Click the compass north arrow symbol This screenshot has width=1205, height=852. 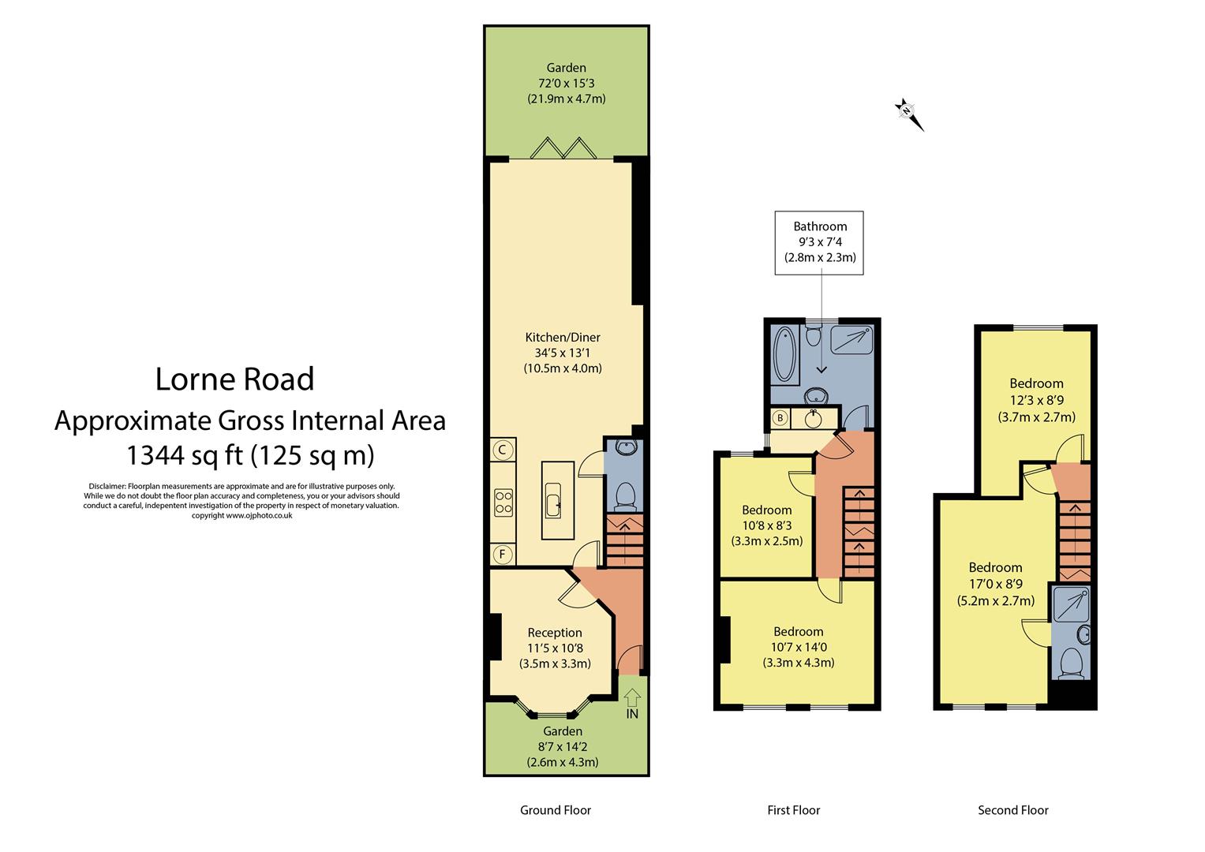point(908,113)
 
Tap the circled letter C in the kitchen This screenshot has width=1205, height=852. point(501,450)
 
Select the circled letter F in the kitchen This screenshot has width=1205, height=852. point(501,555)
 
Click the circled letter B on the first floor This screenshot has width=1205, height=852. point(780,417)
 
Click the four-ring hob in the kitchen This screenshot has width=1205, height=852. point(503,503)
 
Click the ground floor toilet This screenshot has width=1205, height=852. point(624,494)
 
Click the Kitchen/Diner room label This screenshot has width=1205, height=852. point(563,338)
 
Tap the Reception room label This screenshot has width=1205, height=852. point(555,632)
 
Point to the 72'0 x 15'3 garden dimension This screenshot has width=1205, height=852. point(566,84)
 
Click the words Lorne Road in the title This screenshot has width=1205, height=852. point(234,379)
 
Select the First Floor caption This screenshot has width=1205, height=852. point(793,810)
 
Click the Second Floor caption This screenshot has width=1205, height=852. point(1012,810)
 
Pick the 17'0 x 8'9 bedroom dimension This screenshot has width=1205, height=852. point(995,585)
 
